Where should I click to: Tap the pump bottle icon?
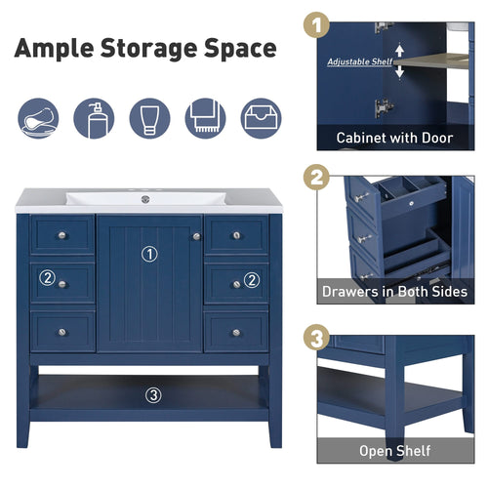(94, 118)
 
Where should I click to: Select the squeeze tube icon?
(149, 118)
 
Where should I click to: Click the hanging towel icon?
(205, 118)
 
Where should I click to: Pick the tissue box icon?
(261, 118)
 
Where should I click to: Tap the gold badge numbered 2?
(316, 180)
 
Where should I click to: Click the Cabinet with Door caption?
(394, 138)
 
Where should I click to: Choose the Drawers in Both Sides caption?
(394, 291)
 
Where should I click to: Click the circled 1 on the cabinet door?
(149, 254)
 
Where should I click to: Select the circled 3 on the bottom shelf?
(152, 395)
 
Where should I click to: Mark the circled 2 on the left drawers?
(47, 279)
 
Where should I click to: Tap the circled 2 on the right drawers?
(251, 279)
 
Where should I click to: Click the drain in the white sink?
(144, 199)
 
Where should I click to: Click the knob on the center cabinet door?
(196, 235)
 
